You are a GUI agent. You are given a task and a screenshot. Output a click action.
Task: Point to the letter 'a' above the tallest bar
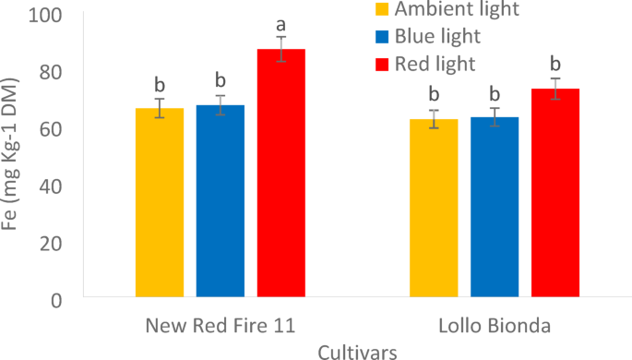pyautogui.click(x=280, y=25)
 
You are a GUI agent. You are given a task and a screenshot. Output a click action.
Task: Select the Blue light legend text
pyautogui.click(x=437, y=37)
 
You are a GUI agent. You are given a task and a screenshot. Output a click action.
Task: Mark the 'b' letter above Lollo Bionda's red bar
pyautogui.click(x=554, y=64)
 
